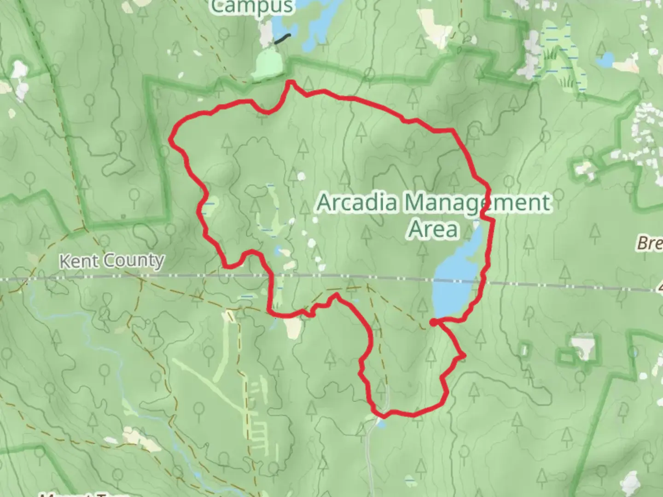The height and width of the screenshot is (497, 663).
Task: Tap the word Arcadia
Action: click(x=357, y=202)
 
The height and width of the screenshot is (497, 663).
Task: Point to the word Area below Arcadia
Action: click(x=433, y=229)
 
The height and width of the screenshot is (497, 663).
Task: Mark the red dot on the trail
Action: click(x=433, y=323)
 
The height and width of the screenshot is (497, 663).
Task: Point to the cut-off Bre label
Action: click(x=650, y=243)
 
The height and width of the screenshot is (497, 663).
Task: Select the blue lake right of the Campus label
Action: click(x=318, y=21)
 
